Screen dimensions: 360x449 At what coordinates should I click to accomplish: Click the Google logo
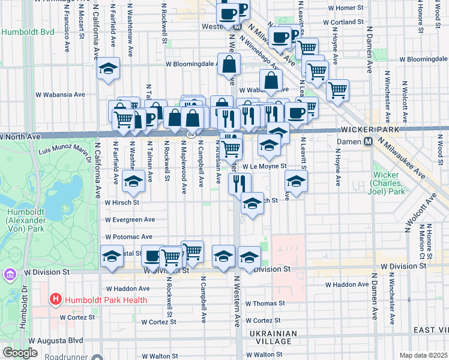20,353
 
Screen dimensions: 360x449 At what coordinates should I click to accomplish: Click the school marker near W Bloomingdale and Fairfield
108,68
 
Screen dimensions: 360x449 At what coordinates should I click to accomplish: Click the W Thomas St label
265,304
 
